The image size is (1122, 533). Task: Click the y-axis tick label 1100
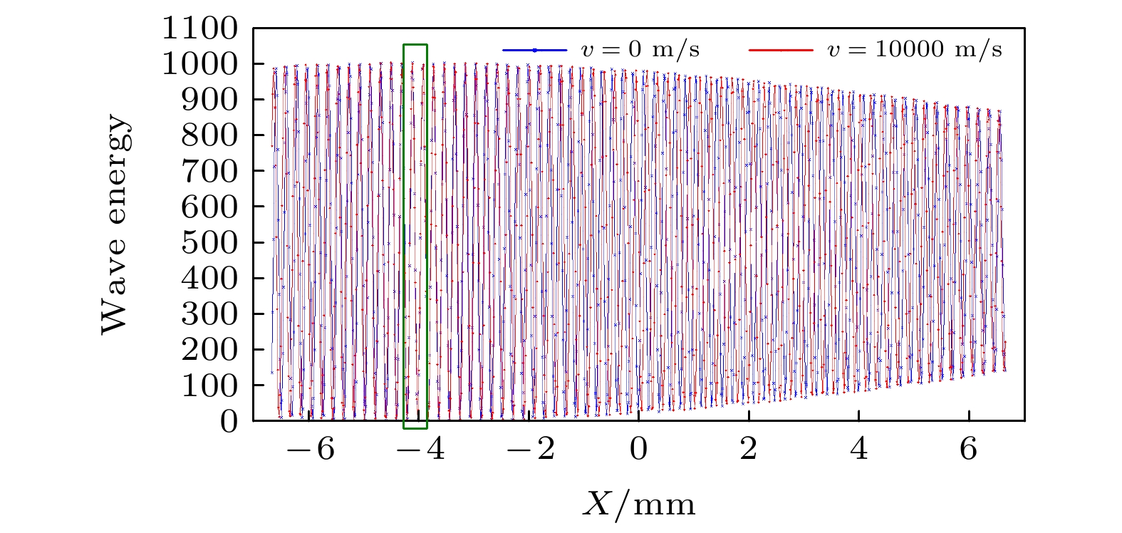point(199,29)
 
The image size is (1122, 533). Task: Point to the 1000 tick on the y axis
point(199,65)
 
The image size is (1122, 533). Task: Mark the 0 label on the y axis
point(228,422)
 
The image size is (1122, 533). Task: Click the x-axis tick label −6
point(314,451)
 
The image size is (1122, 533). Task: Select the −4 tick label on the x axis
point(424,451)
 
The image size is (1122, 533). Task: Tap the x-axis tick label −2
point(534,451)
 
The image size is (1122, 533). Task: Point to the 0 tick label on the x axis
point(639,451)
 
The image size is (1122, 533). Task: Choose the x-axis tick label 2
point(749,451)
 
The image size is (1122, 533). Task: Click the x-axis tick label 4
point(859,451)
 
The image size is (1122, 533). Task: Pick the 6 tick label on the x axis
point(969,451)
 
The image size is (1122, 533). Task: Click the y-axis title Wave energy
point(116,225)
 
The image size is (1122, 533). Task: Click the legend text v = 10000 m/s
point(914,50)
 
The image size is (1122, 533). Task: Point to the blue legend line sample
point(534,50)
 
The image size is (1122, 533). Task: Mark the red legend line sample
point(781,50)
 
